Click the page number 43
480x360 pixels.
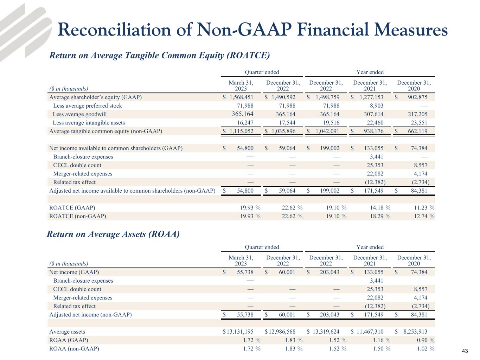click(465, 351)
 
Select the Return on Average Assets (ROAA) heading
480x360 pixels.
click(113, 234)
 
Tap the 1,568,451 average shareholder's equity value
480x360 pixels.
click(241, 97)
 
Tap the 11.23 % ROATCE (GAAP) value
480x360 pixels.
click(422, 208)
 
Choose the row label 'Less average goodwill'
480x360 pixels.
click(80, 114)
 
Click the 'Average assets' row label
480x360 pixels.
click(67, 332)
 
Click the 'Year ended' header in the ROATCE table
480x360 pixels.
click(370, 72)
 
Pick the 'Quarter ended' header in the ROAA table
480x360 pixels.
click(262, 247)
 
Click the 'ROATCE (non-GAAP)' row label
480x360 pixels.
click(78, 216)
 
